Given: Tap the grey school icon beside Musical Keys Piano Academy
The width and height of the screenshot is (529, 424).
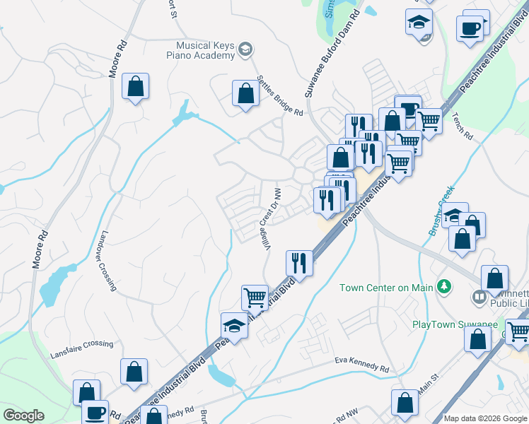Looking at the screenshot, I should [245, 49].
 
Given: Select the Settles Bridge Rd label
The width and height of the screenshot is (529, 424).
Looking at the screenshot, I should [280, 97].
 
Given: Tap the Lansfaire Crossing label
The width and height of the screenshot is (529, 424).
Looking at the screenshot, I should [81, 344].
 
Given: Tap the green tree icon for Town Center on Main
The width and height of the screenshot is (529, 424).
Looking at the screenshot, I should [445, 286].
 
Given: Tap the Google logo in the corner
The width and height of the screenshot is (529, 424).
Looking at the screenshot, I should [23, 416].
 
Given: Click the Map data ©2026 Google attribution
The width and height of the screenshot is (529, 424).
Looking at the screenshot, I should [486, 418].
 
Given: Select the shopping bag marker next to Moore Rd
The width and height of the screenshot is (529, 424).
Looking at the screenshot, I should [135, 87].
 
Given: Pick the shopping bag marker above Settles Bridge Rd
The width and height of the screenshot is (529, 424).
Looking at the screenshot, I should [245, 93].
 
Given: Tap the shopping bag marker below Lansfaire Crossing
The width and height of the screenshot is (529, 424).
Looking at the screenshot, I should [133, 372].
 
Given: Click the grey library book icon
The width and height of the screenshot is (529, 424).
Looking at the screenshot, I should [479, 296].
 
